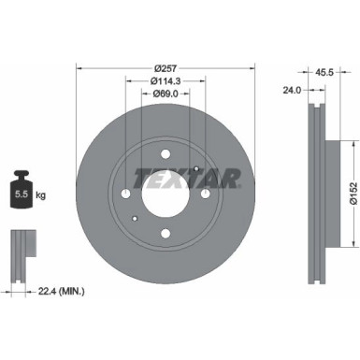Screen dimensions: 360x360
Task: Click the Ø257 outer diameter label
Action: tap(166, 68)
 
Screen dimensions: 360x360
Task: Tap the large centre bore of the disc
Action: tap(165, 194)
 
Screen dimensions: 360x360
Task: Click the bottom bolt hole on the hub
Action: tap(165, 234)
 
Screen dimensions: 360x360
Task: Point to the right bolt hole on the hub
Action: tap(205, 194)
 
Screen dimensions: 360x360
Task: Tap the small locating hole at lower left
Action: tap(137, 222)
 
